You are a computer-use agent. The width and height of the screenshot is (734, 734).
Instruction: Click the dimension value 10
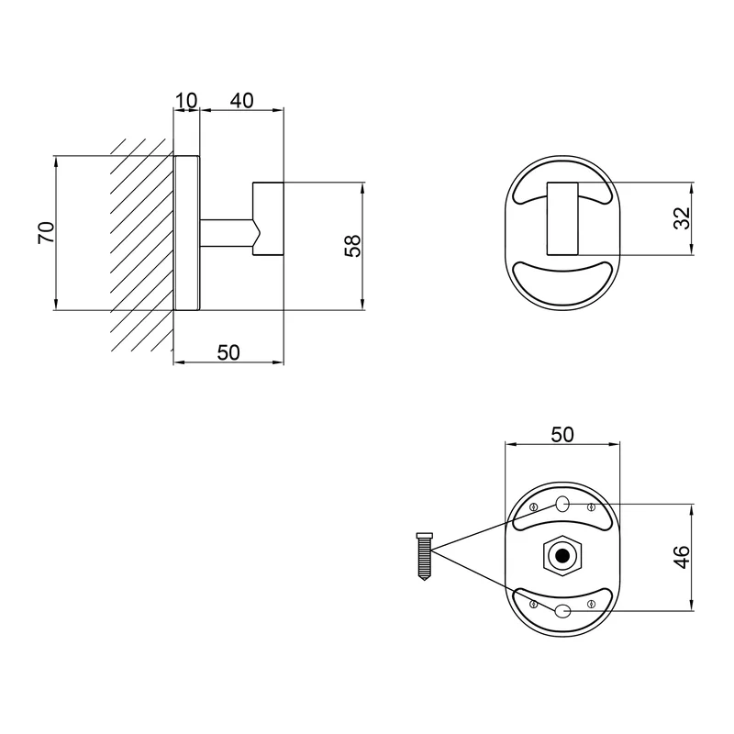[186, 101]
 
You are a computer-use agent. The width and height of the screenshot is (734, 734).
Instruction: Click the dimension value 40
[242, 101]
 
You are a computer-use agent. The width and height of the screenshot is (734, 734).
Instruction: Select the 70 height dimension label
[46, 233]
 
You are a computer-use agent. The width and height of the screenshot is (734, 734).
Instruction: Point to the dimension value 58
[352, 246]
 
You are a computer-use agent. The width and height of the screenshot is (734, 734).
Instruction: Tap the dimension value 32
[682, 217]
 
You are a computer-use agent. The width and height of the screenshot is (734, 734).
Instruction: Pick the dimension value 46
[683, 557]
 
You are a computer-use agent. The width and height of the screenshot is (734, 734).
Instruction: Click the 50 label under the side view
[228, 352]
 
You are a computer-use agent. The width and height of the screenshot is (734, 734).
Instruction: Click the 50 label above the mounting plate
[562, 434]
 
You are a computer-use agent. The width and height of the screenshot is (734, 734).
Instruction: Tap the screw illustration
[424, 557]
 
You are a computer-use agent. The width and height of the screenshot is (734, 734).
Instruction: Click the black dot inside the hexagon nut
[562, 556]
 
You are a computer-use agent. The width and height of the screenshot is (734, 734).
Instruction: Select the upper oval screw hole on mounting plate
[562, 504]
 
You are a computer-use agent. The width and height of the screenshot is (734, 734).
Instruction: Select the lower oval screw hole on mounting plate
[562, 610]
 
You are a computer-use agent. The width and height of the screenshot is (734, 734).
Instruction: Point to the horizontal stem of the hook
[228, 233]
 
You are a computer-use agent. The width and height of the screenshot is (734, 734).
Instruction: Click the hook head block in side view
[268, 219]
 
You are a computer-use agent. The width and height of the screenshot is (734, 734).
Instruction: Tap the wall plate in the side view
[187, 233]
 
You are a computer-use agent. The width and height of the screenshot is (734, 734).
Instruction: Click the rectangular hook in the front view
[562, 218]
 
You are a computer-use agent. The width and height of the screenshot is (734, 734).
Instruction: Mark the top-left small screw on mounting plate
[533, 506]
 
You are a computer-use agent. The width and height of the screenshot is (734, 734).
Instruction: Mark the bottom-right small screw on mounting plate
[591, 604]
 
